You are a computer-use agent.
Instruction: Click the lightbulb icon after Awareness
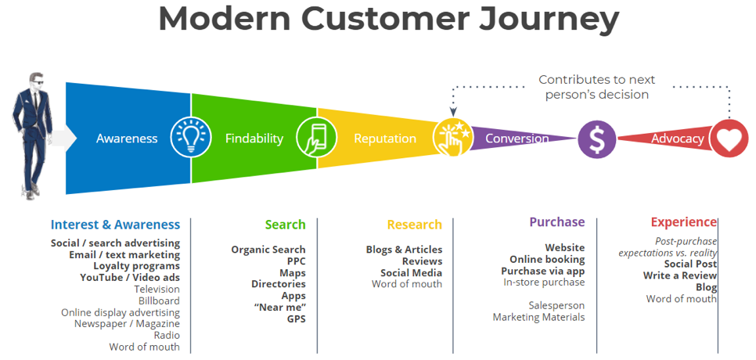tap(191, 139)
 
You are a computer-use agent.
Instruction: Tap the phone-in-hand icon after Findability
tap(316, 139)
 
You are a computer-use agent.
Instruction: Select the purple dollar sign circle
tap(597, 139)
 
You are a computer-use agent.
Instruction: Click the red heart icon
tap(729, 139)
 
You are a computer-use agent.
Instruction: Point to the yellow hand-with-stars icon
tap(452, 138)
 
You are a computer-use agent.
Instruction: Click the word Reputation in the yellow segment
tap(385, 139)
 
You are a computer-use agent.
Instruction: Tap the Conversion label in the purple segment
tap(517, 139)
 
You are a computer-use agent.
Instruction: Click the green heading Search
tap(285, 225)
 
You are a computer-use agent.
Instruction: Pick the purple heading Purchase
tap(557, 222)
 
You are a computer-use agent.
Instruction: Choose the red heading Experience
tap(684, 222)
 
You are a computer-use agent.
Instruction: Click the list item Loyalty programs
tap(136, 266)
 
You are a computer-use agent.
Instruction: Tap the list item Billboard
tap(159, 301)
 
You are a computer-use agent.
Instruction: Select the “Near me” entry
tap(279, 308)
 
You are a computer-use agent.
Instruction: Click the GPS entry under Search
tap(297, 319)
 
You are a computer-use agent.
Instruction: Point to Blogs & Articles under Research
tap(404, 250)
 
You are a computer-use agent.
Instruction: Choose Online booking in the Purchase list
tap(547, 259)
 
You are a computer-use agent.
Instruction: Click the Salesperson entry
tap(556, 305)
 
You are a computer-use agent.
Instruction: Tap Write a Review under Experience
tap(680, 275)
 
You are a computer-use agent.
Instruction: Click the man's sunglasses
tap(38, 81)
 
